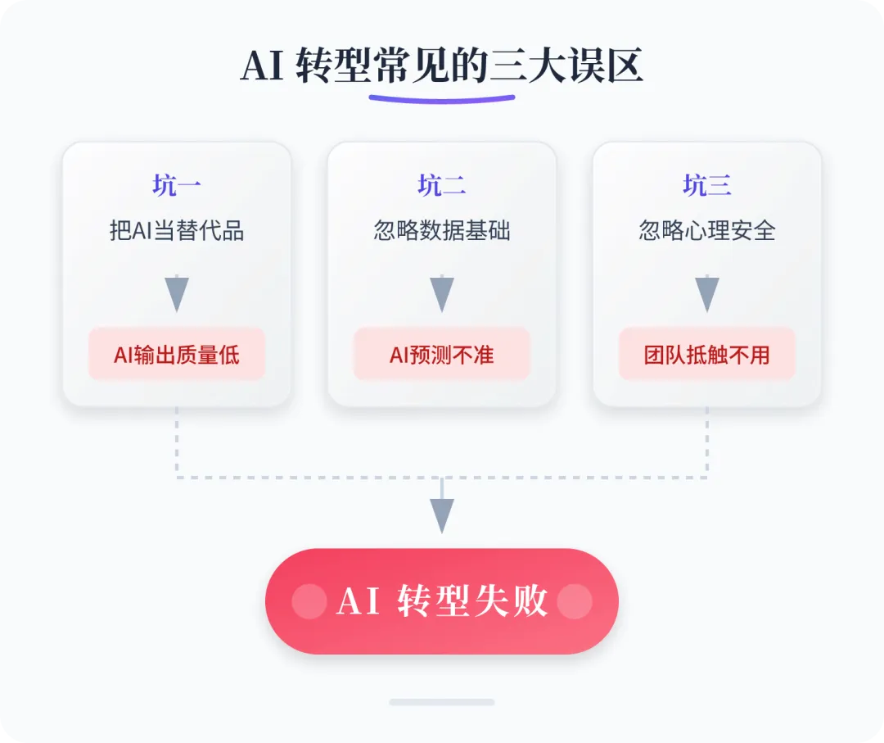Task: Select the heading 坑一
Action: point(177,186)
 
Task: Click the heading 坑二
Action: point(442,186)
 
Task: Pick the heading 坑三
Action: point(707,186)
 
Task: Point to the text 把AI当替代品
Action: point(177,231)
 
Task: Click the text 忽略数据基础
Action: point(442,231)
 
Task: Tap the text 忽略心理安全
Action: point(707,231)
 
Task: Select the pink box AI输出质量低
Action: point(177,354)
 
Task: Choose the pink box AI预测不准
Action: point(442,354)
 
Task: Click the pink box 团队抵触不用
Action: point(707,354)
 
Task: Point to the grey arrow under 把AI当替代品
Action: point(177,292)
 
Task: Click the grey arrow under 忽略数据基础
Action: point(442,292)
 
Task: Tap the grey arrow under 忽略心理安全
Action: point(707,292)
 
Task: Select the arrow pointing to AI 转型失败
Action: point(442,513)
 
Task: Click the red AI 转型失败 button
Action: point(442,601)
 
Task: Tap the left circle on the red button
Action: point(309,601)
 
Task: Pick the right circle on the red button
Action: point(575,601)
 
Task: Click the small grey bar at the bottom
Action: point(442,702)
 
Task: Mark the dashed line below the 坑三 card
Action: point(707,442)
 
